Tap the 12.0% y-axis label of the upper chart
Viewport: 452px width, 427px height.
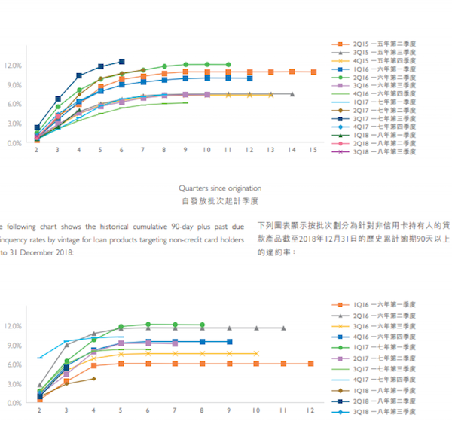pos(14,66)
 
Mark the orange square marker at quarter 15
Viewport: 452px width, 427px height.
pos(313,72)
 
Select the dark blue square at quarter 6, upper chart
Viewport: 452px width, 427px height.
pos(121,62)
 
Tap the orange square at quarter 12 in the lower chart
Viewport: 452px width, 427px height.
pos(310,364)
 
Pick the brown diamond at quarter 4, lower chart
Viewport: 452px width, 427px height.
pos(93,378)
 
